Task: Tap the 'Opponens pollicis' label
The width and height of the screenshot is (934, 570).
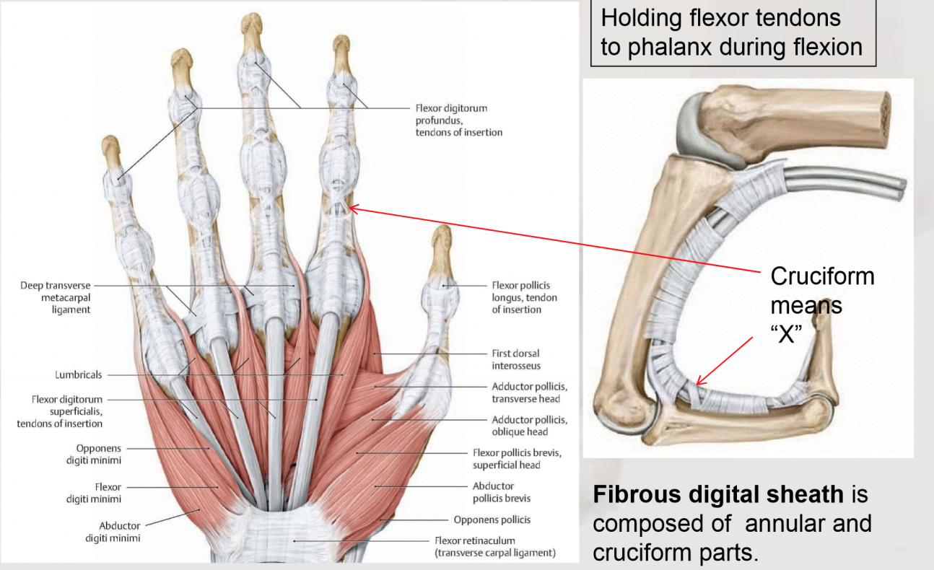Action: pos(492,519)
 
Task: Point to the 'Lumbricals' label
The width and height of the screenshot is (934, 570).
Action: pos(79,375)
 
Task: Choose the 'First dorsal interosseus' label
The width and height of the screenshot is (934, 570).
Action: pos(515,359)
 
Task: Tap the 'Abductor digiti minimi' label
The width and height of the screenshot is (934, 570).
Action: pos(120,532)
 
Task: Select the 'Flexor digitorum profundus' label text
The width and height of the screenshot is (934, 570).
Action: pos(451,114)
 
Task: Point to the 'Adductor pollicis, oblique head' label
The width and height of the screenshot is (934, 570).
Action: pos(529,426)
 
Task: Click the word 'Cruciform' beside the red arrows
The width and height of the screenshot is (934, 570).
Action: pos(822,276)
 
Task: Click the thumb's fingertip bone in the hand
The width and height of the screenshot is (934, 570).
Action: pos(442,241)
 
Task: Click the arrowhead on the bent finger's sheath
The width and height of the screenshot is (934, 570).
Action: pos(699,382)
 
